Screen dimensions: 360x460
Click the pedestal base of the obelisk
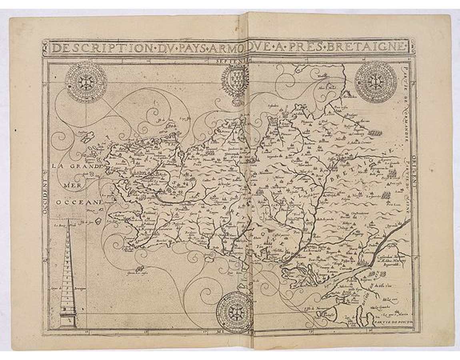point(68,320)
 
